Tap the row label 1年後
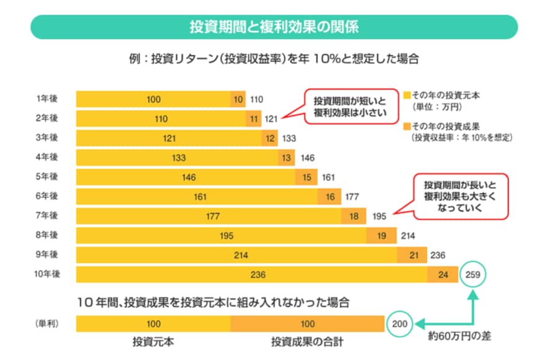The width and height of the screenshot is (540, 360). point(47,99)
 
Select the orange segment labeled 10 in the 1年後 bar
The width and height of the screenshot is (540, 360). point(238,99)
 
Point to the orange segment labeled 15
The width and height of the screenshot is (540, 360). point(307,178)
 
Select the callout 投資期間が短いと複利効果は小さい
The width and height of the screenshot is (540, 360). point(349,107)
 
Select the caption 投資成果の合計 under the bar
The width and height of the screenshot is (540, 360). point(307,342)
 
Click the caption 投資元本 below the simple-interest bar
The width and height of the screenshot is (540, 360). point(153,342)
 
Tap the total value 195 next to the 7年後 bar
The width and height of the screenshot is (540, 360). point(380,217)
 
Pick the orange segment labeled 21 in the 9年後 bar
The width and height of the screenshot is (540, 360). point(413,256)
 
